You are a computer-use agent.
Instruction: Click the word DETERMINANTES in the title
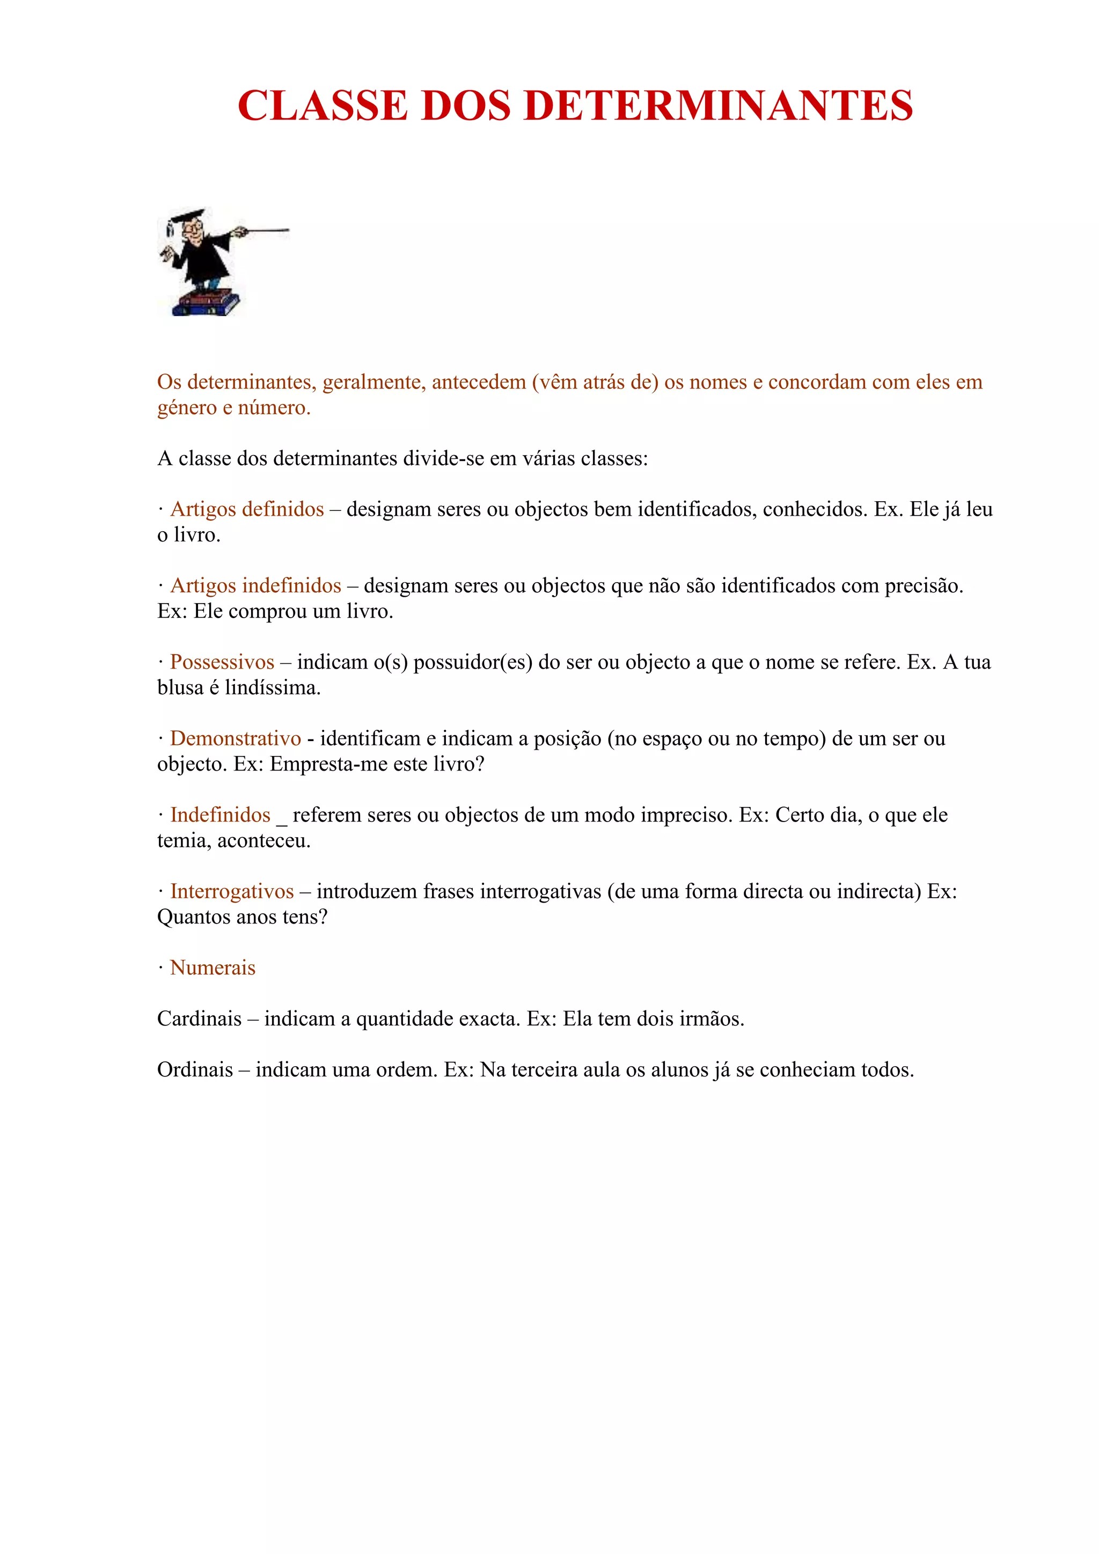tap(718, 106)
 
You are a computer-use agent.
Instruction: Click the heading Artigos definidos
tap(247, 509)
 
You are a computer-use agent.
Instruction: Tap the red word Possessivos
tap(222, 662)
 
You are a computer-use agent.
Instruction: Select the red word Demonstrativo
tap(235, 738)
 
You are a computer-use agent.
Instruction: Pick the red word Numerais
tap(213, 968)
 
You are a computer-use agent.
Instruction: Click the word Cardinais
tap(199, 1018)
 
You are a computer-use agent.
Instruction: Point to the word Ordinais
tap(195, 1069)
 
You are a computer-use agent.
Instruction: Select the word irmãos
tap(710, 1018)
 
